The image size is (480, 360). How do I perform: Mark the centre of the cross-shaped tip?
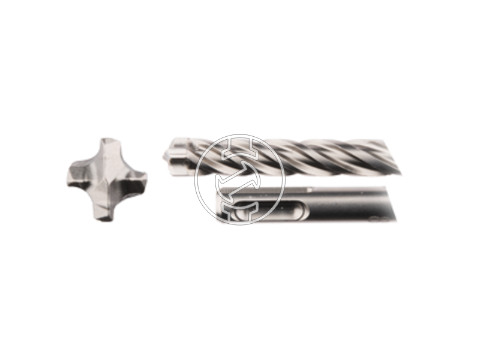pyautogui.click(x=106, y=177)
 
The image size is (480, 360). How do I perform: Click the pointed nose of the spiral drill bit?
pyautogui.click(x=166, y=153)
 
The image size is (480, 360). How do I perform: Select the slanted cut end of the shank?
pyautogui.click(x=393, y=204)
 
